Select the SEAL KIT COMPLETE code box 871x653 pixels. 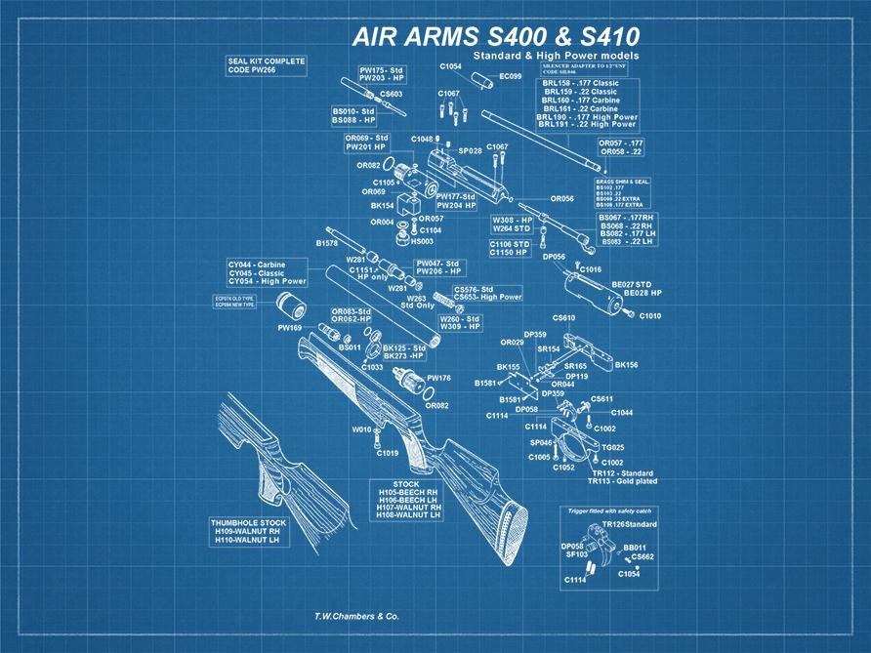click(265, 64)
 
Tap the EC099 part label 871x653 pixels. click(511, 76)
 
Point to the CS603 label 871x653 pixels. click(391, 95)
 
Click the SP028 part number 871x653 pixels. click(471, 151)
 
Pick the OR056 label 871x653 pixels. click(561, 199)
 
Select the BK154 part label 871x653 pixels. click(381, 206)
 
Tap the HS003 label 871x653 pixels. click(422, 241)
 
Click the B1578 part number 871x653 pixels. click(326, 242)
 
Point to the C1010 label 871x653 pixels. click(650, 315)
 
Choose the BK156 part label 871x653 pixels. click(626, 365)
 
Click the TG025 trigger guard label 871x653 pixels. click(612, 447)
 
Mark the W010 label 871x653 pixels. click(361, 429)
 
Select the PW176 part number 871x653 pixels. click(438, 377)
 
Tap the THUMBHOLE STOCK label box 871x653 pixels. click(245, 531)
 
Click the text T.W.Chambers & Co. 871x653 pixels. click(356, 617)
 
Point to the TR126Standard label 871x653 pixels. click(630, 525)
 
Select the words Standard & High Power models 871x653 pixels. click(556, 56)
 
